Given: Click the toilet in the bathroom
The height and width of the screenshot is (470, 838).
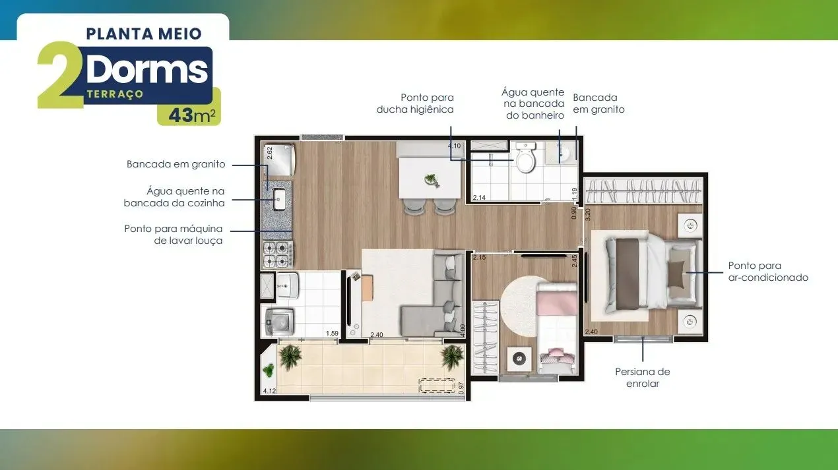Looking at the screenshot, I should tap(525, 159).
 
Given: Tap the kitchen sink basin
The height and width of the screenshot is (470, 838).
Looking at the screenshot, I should tap(278, 196).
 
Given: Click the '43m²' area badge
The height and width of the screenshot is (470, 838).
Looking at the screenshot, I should tap(189, 115).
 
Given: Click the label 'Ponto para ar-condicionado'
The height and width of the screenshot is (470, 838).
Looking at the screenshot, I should tap(768, 272).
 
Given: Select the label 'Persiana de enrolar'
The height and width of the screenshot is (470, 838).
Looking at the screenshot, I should tap(643, 378).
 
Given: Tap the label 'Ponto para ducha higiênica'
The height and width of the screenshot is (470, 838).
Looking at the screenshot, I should tap(415, 103).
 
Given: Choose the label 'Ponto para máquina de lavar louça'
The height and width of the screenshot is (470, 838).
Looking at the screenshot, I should tap(174, 235).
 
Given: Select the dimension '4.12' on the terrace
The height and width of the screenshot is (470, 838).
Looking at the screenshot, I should tap(269, 392).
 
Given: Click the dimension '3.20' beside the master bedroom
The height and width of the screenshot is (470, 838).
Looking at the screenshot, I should tap(587, 214).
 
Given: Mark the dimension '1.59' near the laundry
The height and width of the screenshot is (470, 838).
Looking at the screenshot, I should tap(332, 334).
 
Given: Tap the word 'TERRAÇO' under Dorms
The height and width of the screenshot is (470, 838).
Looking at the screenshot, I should tap(115, 95).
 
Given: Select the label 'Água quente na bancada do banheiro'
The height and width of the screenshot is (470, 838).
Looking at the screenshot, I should tap(532, 104).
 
